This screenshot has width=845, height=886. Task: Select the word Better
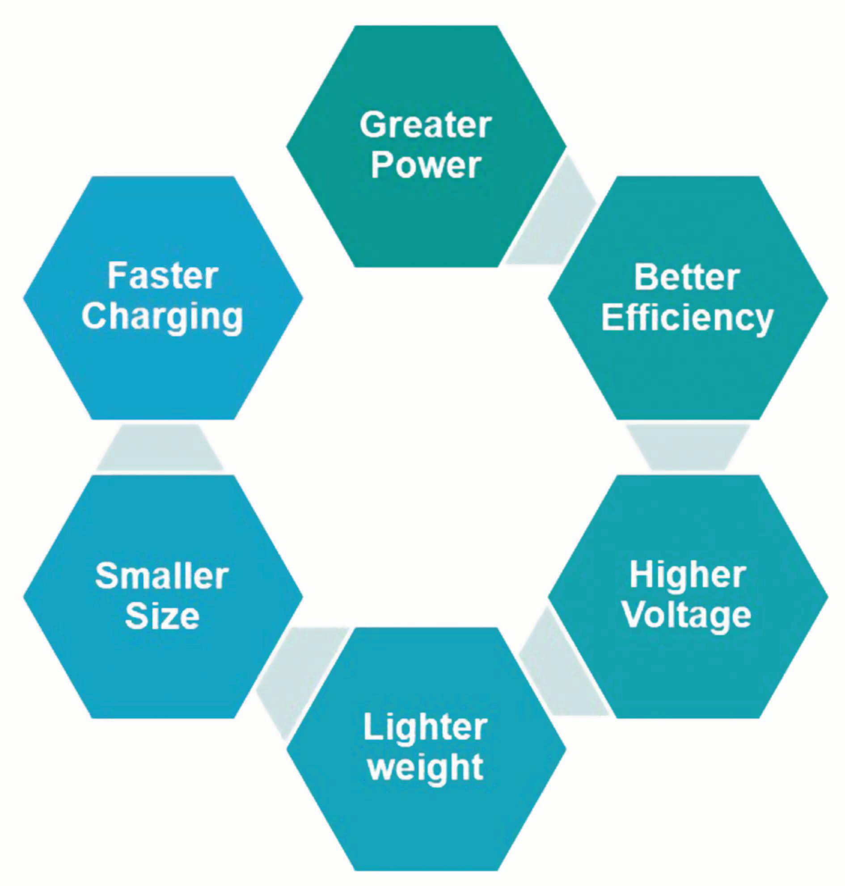pyautogui.click(x=687, y=277)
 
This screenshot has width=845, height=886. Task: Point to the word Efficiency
pyautogui.click(x=687, y=318)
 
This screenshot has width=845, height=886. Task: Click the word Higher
pyautogui.click(x=687, y=575)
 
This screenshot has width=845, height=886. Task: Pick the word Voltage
pyautogui.click(x=687, y=615)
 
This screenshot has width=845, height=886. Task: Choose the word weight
pyautogui.click(x=425, y=767)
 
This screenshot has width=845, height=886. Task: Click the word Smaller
pyautogui.click(x=162, y=576)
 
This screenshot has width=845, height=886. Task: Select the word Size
pyautogui.click(x=162, y=616)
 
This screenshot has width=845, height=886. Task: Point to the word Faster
pyautogui.click(x=163, y=277)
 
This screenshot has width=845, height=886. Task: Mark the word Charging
pyautogui.click(x=163, y=317)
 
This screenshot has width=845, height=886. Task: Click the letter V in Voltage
pyautogui.click(x=635, y=615)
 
